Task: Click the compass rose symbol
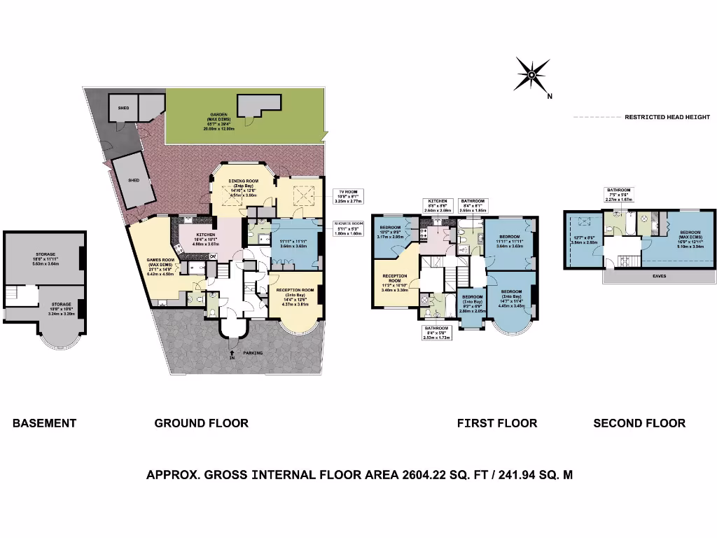point(531,74)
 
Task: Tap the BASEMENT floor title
point(44,423)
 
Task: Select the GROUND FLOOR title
point(201,423)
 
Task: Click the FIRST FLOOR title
point(497,423)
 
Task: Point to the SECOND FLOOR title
point(639,423)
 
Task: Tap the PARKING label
point(253,352)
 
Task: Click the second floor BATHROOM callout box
point(618,194)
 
